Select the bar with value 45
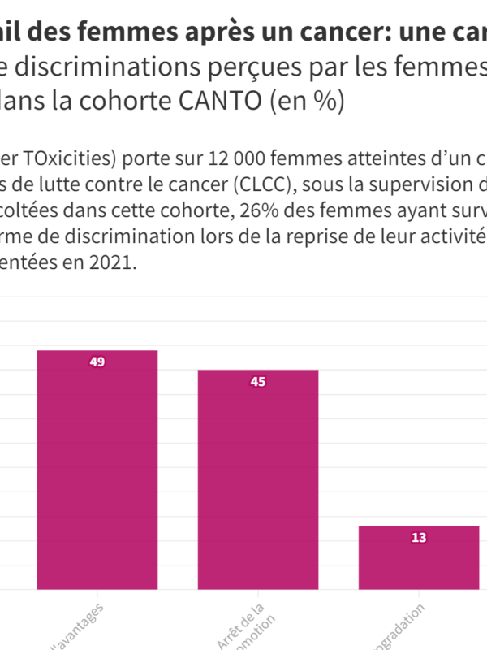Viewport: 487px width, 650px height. (x=257, y=487)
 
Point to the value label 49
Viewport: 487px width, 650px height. (x=97, y=362)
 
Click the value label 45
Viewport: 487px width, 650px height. (x=257, y=382)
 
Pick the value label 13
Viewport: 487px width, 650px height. (x=419, y=538)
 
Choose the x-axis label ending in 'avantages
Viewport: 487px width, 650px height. (x=77, y=630)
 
